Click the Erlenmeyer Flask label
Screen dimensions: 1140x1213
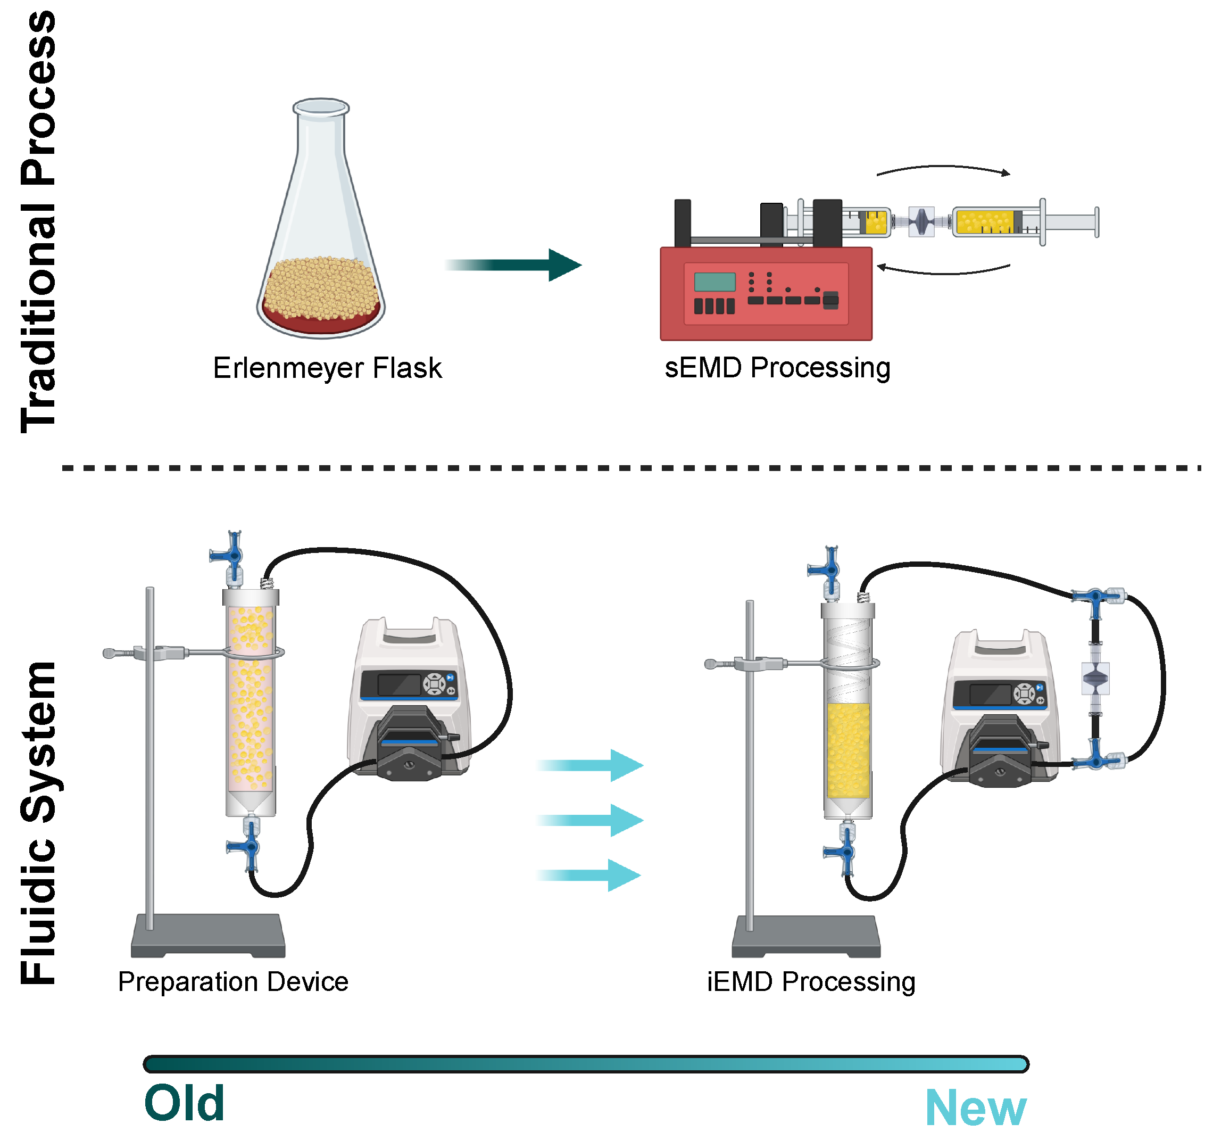327,368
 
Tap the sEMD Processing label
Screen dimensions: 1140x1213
777,368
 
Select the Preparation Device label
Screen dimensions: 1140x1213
233,981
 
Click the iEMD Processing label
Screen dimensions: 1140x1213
811,981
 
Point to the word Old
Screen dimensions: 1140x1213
184,1103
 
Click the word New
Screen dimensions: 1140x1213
976,1108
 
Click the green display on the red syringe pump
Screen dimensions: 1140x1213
714,282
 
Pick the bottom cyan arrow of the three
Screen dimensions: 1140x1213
589,875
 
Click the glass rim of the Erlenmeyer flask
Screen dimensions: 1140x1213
321,108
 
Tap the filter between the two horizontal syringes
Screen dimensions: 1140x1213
921,221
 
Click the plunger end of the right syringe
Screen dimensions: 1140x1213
1096,222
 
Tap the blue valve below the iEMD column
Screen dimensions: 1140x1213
844,852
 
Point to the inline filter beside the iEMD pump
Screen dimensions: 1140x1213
1095,679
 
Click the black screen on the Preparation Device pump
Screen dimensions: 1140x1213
398,684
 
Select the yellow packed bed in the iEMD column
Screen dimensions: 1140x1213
848,750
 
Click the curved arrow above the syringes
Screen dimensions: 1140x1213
943,167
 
